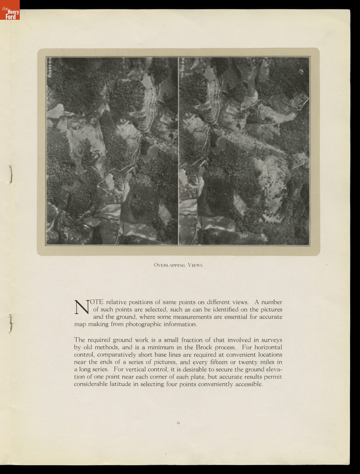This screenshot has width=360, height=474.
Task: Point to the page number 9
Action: pyautogui.click(x=178, y=423)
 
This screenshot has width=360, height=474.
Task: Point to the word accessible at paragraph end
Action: pyautogui.click(x=247, y=384)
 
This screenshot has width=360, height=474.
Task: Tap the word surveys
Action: pyautogui.click(x=271, y=340)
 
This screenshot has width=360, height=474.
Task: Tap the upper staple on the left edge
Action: pyautogui.click(x=11, y=174)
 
